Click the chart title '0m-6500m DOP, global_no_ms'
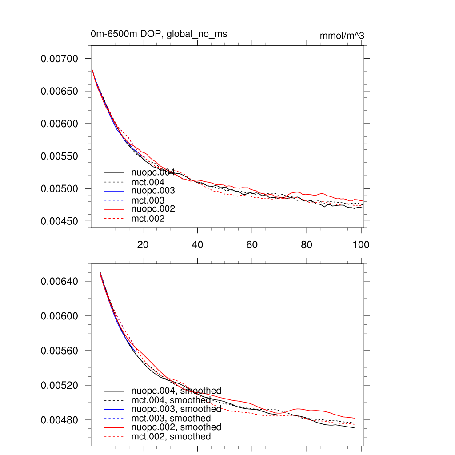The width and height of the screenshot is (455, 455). click(x=159, y=34)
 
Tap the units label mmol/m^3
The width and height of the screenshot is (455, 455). click(x=342, y=36)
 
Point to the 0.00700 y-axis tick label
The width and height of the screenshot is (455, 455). click(x=59, y=59)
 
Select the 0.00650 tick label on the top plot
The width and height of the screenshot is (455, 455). click(x=59, y=91)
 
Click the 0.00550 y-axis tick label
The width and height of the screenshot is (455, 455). click(x=59, y=156)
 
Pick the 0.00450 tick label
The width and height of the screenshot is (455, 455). click(x=59, y=221)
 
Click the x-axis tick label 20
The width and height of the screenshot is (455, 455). click(x=143, y=244)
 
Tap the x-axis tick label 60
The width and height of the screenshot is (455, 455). click(x=252, y=244)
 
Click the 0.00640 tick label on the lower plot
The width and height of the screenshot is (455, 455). click(x=59, y=281)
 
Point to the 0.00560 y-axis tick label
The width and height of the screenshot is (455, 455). click(x=59, y=351)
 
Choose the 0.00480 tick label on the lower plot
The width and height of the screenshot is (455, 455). click(x=59, y=420)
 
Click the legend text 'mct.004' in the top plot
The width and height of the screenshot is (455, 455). click(x=148, y=182)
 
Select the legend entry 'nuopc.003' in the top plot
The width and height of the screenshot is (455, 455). click(x=153, y=191)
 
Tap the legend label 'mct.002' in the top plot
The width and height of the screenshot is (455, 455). click(x=148, y=219)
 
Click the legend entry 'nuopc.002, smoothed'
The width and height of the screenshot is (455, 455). click(x=176, y=427)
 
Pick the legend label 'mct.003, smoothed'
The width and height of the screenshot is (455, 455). click(x=171, y=418)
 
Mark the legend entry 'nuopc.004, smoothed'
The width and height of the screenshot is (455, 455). click(x=176, y=391)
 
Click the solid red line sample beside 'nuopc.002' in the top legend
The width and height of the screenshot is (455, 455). click(x=114, y=209)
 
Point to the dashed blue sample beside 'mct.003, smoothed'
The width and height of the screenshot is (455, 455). click(x=114, y=419)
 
